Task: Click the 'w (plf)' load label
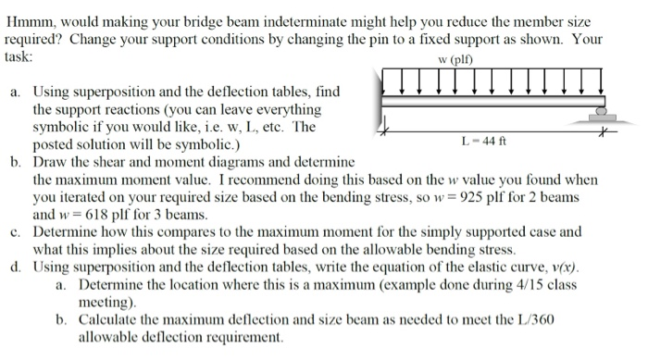[489, 62]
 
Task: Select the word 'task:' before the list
[21, 56]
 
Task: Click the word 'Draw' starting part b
[50, 162]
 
